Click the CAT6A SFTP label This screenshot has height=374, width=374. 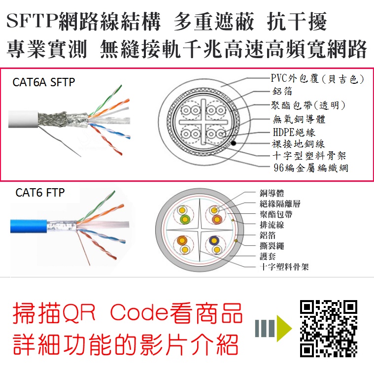(44, 82)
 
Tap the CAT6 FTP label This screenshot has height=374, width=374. (40, 193)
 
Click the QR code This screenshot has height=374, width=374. (329, 329)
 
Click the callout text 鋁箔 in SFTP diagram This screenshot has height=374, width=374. (282, 91)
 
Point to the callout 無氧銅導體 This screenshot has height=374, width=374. (299, 119)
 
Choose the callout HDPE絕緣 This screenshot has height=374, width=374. (294, 132)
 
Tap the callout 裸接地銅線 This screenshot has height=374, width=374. (299, 144)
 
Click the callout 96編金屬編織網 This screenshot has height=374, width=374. (311, 168)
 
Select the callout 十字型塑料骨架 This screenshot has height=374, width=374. (309, 156)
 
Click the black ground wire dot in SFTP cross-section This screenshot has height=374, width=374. (234, 143)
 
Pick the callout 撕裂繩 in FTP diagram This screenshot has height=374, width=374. (272, 246)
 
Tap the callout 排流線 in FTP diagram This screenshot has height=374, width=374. (272, 225)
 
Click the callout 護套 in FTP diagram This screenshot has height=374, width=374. (268, 256)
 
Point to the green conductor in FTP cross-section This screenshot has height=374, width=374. (185, 219)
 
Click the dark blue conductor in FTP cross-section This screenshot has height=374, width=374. (214, 240)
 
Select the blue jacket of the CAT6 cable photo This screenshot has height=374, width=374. (29, 226)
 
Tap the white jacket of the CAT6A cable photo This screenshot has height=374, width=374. (23, 119)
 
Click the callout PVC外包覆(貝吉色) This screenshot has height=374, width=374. (318, 78)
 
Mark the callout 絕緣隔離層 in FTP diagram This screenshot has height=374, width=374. (280, 204)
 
